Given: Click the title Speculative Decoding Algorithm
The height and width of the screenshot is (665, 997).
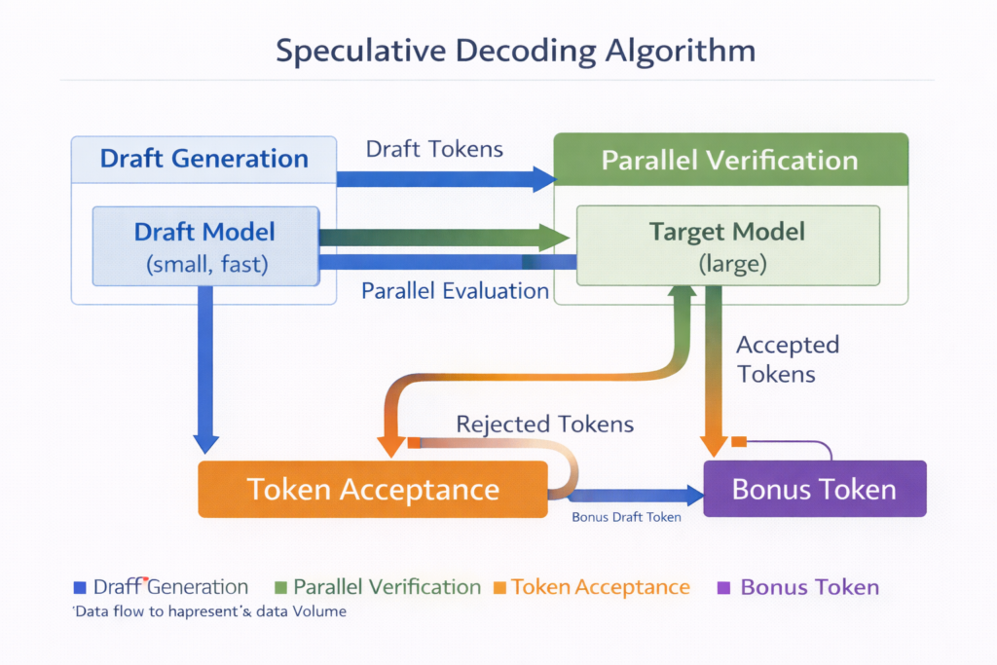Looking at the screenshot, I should (x=498, y=50).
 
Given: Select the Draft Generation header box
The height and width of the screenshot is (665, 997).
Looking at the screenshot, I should (x=204, y=159).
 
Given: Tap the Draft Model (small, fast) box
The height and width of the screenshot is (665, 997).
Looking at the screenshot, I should (x=204, y=246).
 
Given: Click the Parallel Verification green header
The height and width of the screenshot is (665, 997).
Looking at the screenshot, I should (x=730, y=160).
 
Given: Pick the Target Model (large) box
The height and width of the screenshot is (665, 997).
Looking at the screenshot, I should (x=727, y=246).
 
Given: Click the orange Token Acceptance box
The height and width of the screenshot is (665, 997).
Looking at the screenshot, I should (x=373, y=489).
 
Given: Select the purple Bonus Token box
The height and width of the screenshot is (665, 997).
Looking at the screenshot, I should (x=814, y=489).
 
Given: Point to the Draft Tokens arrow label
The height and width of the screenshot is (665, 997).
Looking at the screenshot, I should (x=434, y=149).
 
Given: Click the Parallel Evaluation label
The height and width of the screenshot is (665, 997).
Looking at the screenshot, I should (x=455, y=291).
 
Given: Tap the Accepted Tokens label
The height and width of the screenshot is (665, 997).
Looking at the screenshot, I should (x=788, y=359).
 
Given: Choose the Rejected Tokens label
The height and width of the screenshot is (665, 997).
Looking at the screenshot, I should (x=545, y=424).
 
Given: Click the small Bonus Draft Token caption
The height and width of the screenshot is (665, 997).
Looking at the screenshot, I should (x=626, y=517).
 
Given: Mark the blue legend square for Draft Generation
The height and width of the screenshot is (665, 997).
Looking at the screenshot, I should (x=80, y=587).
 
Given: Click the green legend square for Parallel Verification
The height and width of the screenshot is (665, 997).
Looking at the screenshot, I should (x=280, y=587).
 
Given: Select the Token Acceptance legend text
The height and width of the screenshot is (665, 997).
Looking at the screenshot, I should (x=601, y=587).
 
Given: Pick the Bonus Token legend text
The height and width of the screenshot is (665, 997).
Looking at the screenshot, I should (x=809, y=587).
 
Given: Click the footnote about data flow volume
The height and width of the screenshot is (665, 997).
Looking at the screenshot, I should (x=209, y=611).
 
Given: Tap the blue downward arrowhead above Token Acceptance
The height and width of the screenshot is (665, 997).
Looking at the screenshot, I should (x=205, y=442).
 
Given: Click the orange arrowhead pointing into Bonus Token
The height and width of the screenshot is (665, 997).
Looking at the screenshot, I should (x=714, y=445).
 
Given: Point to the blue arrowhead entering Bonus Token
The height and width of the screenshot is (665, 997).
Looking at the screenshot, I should (x=693, y=496).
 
